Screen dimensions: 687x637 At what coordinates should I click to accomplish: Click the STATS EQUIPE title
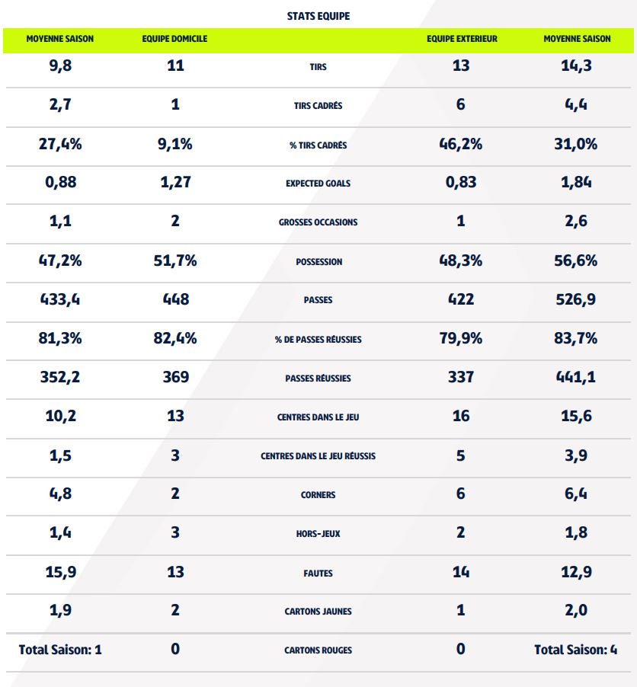[318, 15]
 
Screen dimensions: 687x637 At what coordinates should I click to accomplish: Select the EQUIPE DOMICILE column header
[174, 39]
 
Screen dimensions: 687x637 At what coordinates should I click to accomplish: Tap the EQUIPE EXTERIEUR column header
[460, 39]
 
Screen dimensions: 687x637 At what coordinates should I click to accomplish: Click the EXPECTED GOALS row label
[318, 184]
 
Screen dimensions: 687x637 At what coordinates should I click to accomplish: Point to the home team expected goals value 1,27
[175, 183]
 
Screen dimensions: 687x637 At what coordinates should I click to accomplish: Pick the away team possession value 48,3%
[460, 260]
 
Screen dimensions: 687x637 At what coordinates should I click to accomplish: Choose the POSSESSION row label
[318, 261]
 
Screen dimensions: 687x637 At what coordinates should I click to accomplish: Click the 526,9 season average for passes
[576, 299]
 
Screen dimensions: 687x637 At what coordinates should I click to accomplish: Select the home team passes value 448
[175, 299]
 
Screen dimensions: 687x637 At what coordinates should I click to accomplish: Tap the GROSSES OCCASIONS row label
[318, 222]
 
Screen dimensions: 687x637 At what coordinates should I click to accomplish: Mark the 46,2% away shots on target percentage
[460, 144]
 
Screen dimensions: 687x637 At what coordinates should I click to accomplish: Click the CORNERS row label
[318, 495]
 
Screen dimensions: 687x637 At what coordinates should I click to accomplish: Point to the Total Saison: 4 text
[576, 650]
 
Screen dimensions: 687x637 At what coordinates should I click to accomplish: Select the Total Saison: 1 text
[60, 650]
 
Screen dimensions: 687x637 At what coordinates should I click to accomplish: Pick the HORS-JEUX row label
[318, 534]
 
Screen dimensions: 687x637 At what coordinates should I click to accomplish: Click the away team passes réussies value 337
[460, 377]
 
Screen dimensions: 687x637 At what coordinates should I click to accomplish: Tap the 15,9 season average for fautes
[60, 571]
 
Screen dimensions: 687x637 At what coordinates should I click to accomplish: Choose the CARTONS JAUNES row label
[318, 612]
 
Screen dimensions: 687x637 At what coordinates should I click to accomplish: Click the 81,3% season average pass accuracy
[60, 338]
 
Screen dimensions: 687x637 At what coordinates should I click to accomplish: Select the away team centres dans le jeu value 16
[460, 416]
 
